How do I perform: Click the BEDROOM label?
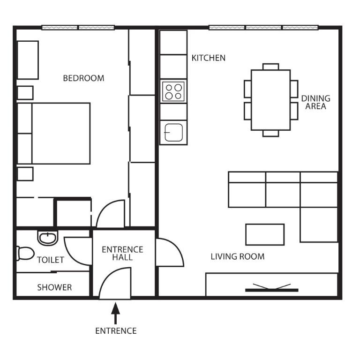click(x=83, y=78)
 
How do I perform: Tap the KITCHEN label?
click(x=209, y=58)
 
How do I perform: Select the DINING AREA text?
click(x=315, y=102)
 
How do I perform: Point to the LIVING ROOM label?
click(x=237, y=256)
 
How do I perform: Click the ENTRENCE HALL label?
click(x=122, y=253)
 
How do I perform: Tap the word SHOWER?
click(x=54, y=287)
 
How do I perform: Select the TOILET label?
click(x=50, y=260)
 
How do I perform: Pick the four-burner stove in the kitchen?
click(x=173, y=91)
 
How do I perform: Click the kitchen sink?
click(x=173, y=132)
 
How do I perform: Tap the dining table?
click(x=270, y=100)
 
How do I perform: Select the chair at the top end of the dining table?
click(x=270, y=66)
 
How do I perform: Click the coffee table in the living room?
click(x=265, y=234)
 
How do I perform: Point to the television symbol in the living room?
click(x=271, y=288)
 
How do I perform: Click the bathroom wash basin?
click(x=47, y=238)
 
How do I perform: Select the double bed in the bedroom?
click(x=54, y=133)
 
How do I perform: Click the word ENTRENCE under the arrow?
click(x=116, y=331)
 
